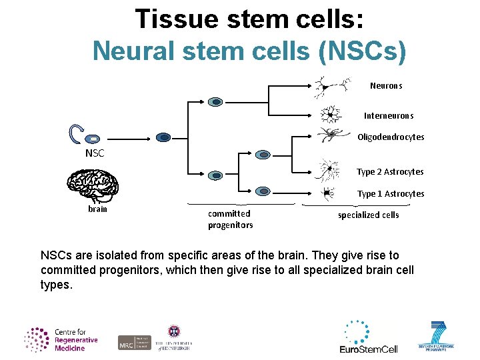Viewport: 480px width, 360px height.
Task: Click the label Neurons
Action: coord(386,86)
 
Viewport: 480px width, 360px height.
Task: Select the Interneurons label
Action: coord(389,116)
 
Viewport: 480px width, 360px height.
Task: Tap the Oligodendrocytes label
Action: coord(391,137)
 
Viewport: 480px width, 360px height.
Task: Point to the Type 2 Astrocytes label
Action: coord(390,172)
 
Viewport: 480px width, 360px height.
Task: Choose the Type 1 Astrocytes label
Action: coord(391,194)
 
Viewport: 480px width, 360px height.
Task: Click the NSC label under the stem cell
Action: coord(95,153)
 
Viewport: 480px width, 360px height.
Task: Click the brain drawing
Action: coord(93,184)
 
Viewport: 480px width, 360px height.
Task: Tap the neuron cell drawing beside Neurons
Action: coord(331,85)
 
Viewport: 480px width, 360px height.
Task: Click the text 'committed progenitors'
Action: coord(230,219)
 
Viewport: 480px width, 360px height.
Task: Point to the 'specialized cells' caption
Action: coord(368,215)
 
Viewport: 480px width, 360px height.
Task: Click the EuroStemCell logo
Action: coord(369,337)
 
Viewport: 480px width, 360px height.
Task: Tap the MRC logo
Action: coord(135,342)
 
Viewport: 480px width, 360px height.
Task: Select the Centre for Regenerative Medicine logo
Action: coord(61,339)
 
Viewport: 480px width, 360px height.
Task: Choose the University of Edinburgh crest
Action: coord(175,331)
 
